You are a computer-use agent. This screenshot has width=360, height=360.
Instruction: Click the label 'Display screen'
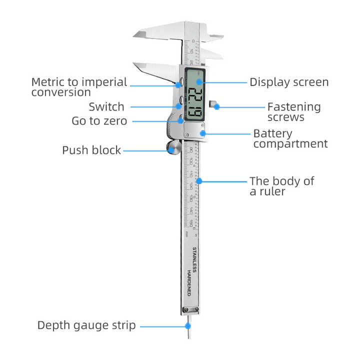point(289,82)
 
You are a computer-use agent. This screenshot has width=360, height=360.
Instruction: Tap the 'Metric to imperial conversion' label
point(79,87)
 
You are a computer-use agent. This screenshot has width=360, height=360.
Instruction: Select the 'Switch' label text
point(106,106)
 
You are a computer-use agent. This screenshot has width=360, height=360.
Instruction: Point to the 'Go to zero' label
point(99,121)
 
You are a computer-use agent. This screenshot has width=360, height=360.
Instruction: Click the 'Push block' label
point(91,150)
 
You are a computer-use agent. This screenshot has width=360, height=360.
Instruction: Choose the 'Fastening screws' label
point(293,112)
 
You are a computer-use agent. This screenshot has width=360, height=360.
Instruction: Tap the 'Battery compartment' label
point(290,139)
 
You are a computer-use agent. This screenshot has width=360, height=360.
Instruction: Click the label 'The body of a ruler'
point(281,185)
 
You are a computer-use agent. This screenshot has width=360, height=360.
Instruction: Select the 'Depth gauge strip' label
point(86,325)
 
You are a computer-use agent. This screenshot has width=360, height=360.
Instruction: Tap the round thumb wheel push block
point(174,147)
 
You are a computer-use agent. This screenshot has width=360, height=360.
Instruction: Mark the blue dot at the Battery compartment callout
point(202,133)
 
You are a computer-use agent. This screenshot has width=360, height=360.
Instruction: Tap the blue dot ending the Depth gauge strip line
point(188,326)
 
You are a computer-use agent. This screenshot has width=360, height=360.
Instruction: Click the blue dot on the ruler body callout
point(199,180)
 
